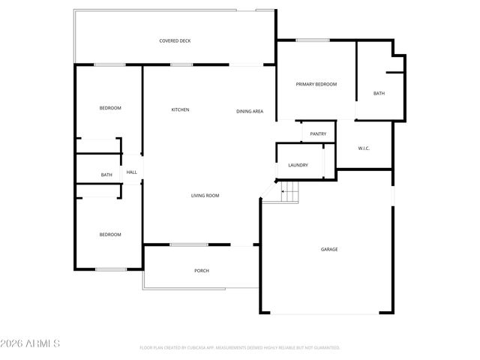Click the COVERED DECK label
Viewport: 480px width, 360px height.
[x=175, y=40]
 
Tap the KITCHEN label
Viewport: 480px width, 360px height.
[x=180, y=110]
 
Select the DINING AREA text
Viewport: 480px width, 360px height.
[x=250, y=112]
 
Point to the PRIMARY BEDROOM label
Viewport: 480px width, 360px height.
[x=316, y=85]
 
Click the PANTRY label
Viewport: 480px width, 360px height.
[x=318, y=134]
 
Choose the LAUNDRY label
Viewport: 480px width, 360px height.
[x=298, y=165]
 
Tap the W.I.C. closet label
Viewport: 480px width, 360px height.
[x=364, y=148]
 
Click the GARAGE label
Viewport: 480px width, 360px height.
[x=329, y=250]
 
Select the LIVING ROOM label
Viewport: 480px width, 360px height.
[x=205, y=196]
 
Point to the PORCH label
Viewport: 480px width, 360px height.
[x=201, y=271]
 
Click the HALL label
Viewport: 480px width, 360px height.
[x=131, y=172]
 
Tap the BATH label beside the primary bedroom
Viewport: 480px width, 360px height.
[x=379, y=94]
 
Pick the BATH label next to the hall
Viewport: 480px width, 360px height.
[x=106, y=175]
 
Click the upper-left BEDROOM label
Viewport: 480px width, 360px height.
[x=110, y=109]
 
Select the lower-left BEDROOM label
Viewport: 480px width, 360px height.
[x=110, y=235]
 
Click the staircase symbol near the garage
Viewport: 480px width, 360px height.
[x=289, y=193]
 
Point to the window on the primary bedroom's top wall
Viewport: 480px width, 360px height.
[x=307, y=40]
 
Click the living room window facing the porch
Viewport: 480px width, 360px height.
[x=189, y=244]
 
